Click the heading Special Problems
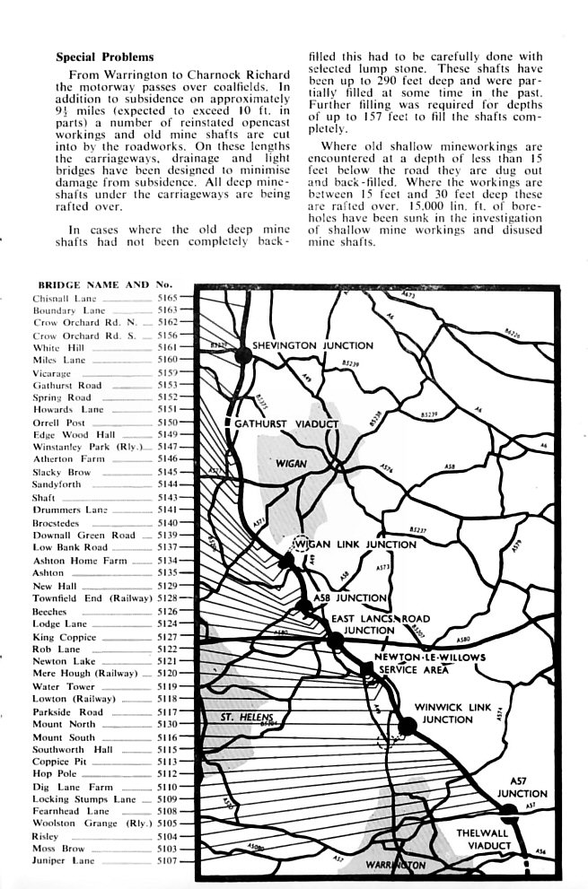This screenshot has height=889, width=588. click(x=105, y=57)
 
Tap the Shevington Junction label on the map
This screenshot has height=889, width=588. click(x=312, y=344)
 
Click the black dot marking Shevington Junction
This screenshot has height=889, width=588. click(x=242, y=355)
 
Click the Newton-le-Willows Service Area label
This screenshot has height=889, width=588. click(x=431, y=663)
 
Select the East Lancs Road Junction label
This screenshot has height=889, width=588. click(x=381, y=624)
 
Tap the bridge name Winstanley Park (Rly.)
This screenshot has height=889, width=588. click(x=88, y=446)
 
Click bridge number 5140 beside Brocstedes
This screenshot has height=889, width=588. click(x=168, y=522)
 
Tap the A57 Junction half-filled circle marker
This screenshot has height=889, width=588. click(x=508, y=813)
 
